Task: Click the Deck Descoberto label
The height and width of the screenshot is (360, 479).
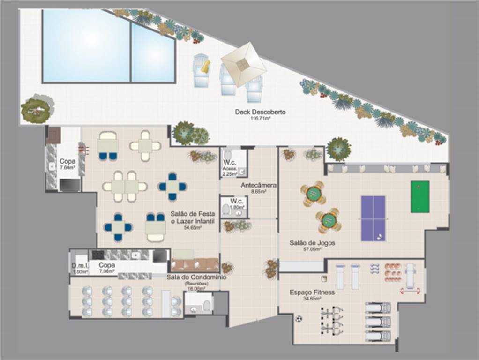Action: point(261,112)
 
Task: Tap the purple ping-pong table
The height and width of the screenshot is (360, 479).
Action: point(373,218)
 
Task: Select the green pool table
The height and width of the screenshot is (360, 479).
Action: point(419,196)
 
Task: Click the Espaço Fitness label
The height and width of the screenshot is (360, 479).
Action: point(312,292)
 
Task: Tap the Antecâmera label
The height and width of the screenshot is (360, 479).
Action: point(258,186)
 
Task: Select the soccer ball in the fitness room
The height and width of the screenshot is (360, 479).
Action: point(299,319)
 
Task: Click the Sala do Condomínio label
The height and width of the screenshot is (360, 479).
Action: point(196,277)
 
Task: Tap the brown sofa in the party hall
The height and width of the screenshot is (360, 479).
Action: point(195,265)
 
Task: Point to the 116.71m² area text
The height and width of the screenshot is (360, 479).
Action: point(261,119)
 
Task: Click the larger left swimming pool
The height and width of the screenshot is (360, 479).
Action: point(86,45)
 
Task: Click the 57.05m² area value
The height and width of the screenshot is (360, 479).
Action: point(312,249)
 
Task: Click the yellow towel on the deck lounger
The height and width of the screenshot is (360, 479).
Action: point(205,67)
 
